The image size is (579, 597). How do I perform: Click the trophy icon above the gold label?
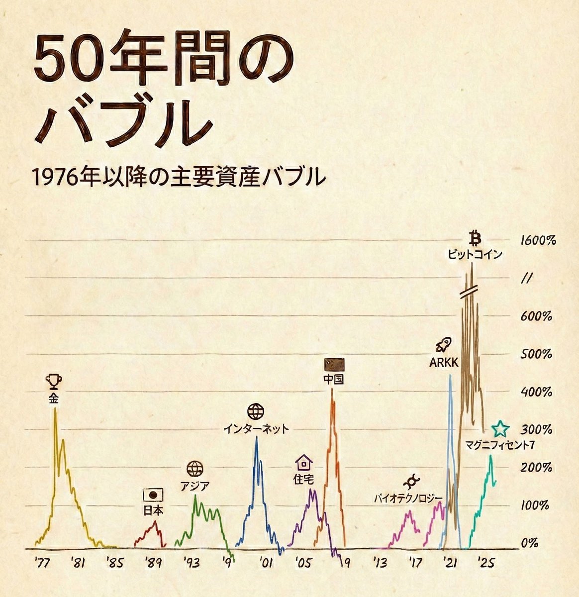pyautogui.click(x=54, y=382)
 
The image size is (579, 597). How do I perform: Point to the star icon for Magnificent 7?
pyautogui.click(x=500, y=428)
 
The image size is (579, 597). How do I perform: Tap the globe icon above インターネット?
pyautogui.click(x=256, y=412)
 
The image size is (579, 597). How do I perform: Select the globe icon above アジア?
pyautogui.click(x=195, y=469)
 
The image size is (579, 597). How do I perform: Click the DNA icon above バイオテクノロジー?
pyautogui.click(x=411, y=482)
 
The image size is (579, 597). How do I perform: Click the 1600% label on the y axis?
pyautogui.click(x=537, y=241)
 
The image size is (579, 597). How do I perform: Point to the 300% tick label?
pyautogui.click(x=536, y=429)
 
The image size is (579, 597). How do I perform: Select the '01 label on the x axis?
pyautogui.click(x=266, y=563)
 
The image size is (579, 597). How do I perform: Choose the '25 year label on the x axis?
pyautogui.click(x=485, y=563)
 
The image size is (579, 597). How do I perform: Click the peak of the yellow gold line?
pyautogui.click(x=55, y=409)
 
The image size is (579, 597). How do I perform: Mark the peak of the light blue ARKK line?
pyautogui.click(x=450, y=375)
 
